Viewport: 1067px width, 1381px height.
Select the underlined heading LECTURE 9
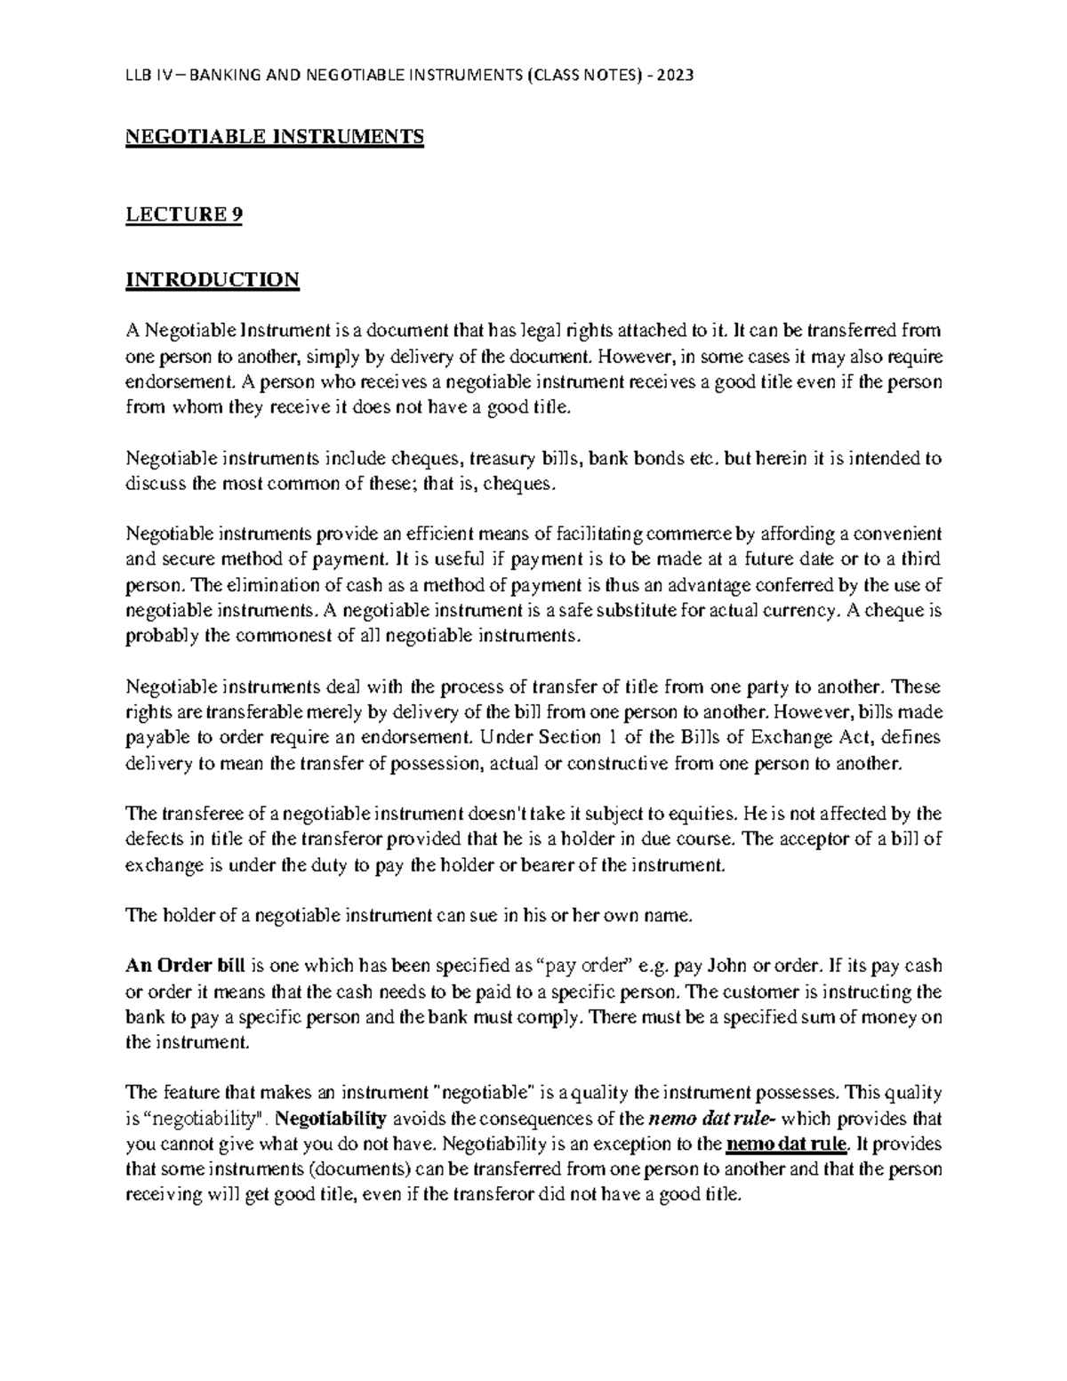tap(184, 214)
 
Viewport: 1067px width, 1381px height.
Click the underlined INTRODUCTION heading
tap(213, 280)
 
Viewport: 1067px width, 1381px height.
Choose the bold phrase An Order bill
tap(186, 966)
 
